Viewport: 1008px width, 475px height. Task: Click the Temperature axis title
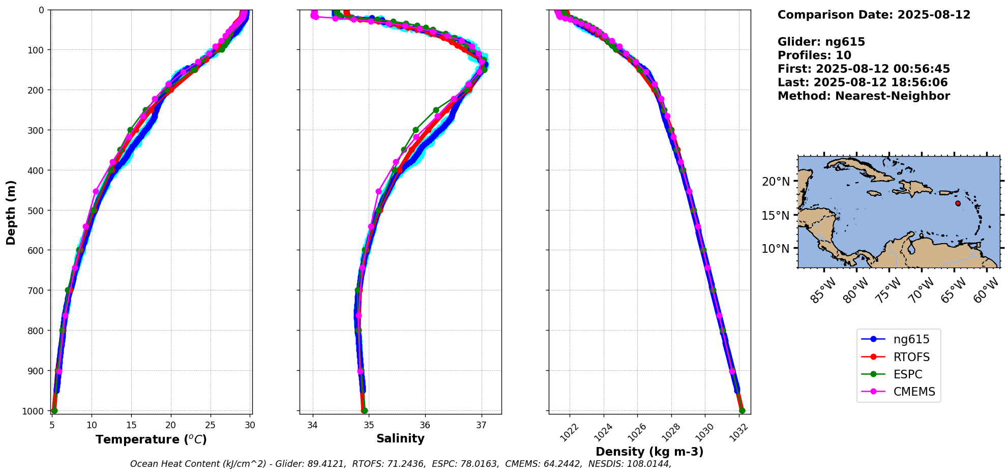coord(151,439)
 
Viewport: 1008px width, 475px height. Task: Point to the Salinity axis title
coord(400,438)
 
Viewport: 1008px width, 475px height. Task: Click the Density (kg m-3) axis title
coord(649,452)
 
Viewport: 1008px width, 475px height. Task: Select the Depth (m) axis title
coord(11,212)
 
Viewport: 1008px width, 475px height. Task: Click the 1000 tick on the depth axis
coord(34,411)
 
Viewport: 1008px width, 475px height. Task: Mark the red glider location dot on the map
coord(958,203)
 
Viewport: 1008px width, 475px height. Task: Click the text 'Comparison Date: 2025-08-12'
coord(874,15)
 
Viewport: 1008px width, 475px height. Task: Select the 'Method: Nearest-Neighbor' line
coord(864,96)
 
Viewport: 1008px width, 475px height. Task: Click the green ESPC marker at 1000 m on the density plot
coord(742,410)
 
